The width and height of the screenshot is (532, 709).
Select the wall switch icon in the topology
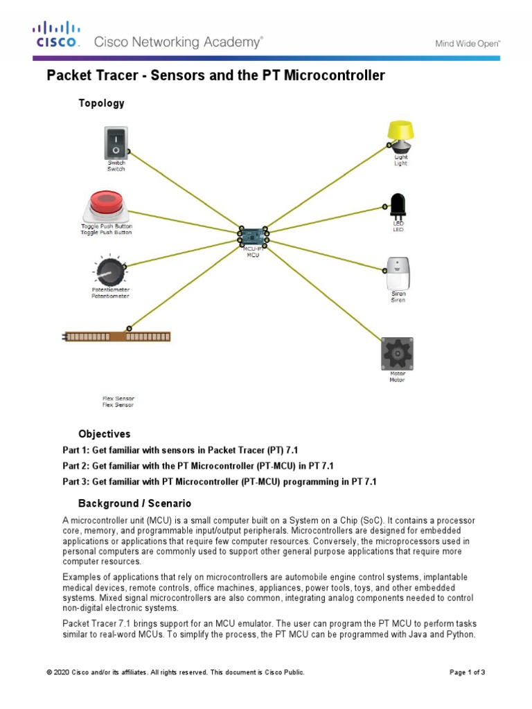116,142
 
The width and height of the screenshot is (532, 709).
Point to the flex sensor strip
116,336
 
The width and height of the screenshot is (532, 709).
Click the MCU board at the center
253,237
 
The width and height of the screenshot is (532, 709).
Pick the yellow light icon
400,136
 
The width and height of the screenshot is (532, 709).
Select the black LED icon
398,206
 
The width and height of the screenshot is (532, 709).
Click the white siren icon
398,272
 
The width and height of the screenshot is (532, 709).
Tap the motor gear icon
397,353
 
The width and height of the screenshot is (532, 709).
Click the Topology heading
101,103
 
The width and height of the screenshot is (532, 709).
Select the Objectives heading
104,434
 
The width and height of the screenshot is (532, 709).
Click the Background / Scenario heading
134,503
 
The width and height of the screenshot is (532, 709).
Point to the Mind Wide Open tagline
468,43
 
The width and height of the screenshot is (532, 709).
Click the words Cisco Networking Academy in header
178,42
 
